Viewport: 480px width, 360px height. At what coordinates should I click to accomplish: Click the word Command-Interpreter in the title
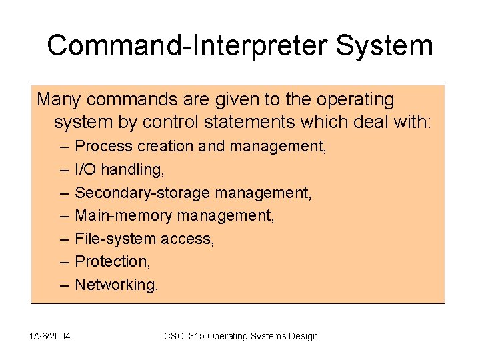click(189, 46)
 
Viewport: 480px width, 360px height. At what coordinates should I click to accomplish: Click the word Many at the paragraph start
click(59, 100)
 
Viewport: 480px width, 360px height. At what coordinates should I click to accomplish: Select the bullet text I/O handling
click(119, 170)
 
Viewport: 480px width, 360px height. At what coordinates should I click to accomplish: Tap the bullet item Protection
click(112, 261)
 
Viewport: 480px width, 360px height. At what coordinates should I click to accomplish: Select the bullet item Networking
click(117, 285)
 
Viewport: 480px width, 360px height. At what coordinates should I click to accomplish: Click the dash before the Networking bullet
click(64, 285)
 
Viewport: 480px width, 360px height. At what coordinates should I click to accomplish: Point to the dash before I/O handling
click(64, 170)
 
